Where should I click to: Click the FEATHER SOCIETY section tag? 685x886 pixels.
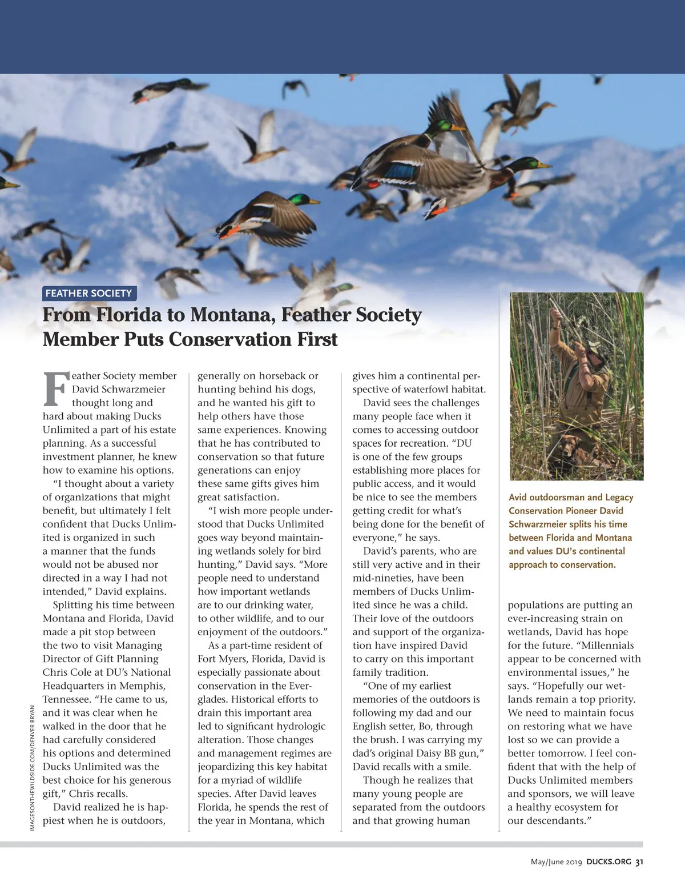pos(88,294)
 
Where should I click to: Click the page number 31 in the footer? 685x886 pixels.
pos(639,862)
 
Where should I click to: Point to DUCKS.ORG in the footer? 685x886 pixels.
pos(609,862)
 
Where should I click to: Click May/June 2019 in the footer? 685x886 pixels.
pos(556,862)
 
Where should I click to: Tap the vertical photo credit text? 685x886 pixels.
pos(33,768)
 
